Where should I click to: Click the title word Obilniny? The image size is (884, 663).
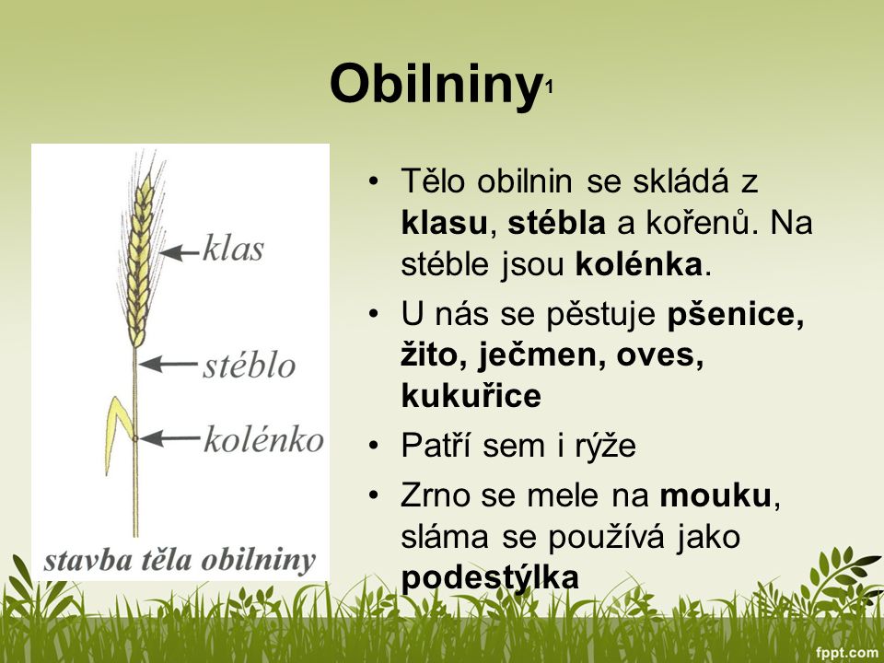click(x=433, y=85)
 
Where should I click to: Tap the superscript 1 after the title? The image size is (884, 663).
click(x=550, y=89)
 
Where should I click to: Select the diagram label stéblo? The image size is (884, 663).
click(x=249, y=366)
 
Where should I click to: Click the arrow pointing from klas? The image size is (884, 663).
click(x=179, y=250)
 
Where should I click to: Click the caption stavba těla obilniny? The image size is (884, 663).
click(x=180, y=560)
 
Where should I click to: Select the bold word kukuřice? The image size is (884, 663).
click(x=471, y=395)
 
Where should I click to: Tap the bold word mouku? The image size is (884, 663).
click(x=715, y=496)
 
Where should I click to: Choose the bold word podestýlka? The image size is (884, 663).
click(x=490, y=577)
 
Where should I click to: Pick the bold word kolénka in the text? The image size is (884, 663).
click(x=641, y=264)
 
